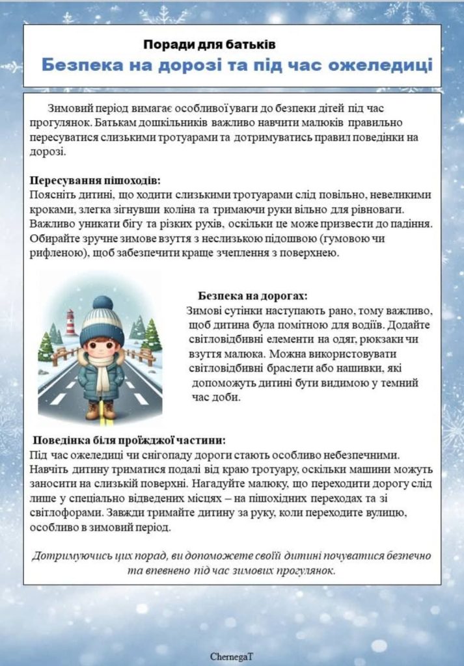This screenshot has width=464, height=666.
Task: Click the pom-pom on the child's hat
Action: click(x=102, y=302)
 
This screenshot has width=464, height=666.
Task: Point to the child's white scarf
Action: click(x=103, y=371)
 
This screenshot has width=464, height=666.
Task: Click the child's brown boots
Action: click(x=100, y=410)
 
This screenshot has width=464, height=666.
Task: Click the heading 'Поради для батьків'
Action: click(x=210, y=44)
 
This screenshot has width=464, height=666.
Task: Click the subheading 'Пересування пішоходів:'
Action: click(x=95, y=180)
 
